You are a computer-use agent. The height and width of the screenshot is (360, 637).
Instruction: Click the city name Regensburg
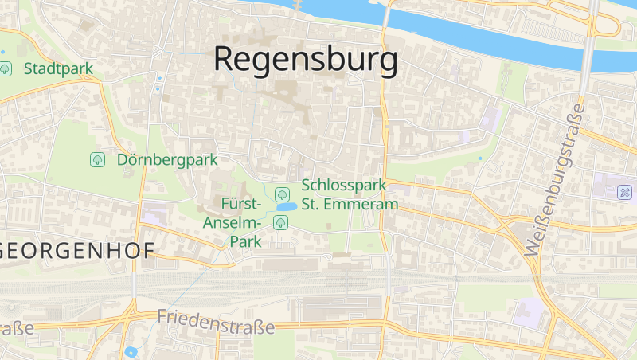click(306, 60)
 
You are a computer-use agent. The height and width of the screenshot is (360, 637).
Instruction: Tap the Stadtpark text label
click(58, 69)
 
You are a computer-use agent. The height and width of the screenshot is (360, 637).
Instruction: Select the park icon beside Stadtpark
click(6, 69)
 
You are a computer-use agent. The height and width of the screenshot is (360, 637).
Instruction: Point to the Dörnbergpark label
click(167, 160)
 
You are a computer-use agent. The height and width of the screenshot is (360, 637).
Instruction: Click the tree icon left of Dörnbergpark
click(98, 160)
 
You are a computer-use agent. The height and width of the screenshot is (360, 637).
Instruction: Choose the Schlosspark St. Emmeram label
click(349, 195)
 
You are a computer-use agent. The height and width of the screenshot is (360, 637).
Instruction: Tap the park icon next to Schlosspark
click(281, 194)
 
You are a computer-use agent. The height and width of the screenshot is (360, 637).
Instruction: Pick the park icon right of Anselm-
click(280, 222)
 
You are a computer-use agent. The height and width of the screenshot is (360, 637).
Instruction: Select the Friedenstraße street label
click(215, 321)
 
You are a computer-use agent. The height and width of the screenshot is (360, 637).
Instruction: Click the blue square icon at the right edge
click(626, 192)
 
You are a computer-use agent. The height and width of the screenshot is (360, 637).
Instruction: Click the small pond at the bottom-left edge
click(131, 351)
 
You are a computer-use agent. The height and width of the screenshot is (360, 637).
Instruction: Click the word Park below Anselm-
click(246, 241)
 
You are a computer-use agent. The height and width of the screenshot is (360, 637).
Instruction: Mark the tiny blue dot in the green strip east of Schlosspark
click(480, 158)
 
